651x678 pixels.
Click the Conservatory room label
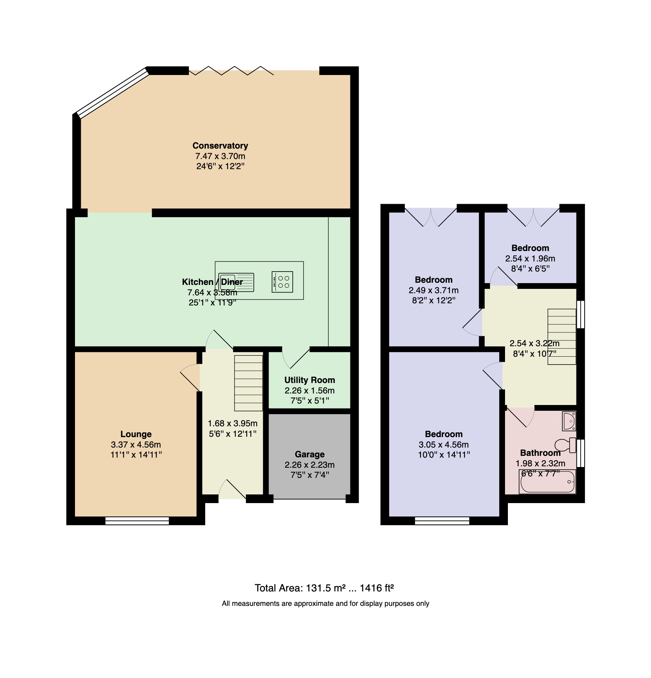point(220,146)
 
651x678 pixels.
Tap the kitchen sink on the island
point(236,282)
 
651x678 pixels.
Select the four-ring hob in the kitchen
point(282,282)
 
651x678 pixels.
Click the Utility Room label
point(310,380)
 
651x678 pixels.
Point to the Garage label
point(310,454)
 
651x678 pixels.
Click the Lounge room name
point(136,434)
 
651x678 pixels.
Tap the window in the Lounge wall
point(137,520)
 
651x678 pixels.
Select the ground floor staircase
point(248,383)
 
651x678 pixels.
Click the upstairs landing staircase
point(562,336)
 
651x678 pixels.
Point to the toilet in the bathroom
point(565,445)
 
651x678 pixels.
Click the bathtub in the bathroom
point(547,481)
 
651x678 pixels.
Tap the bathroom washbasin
point(569,421)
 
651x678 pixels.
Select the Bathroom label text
point(540,453)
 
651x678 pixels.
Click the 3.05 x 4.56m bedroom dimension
point(444,445)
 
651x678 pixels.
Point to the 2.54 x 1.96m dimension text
point(530,259)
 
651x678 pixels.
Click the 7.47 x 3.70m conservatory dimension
point(220,156)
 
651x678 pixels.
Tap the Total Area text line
point(324,588)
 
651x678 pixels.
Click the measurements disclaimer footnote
point(325,603)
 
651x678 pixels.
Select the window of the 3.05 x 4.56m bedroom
point(442,520)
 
